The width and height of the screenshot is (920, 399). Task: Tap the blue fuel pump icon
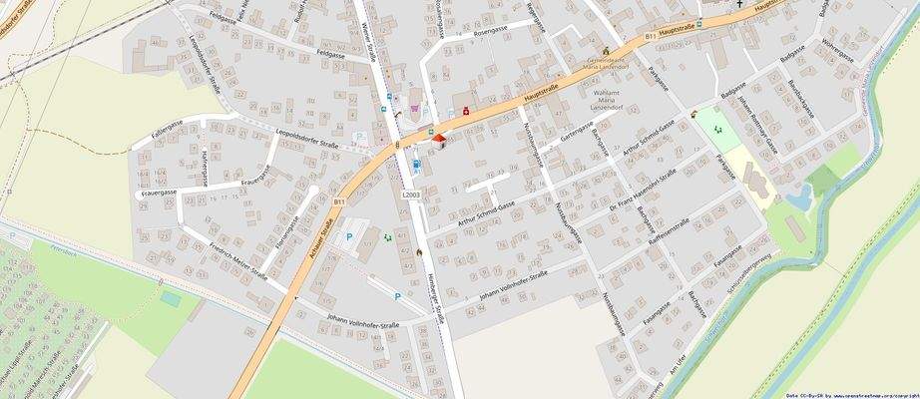pos(416,166)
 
